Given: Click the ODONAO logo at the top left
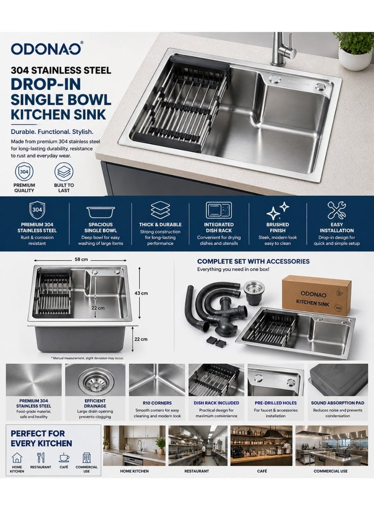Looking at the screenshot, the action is pyautogui.click(x=47, y=49).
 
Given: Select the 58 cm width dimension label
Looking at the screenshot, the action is pyautogui.click(x=81, y=260).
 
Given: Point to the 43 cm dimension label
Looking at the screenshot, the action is pyautogui.click(x=141, y=293).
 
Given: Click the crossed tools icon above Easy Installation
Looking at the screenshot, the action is pyautogui.click(x=337, y=210).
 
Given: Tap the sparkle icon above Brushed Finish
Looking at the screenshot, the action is pyautogui.click(x=278, y=211).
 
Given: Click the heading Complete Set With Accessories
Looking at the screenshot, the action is pyautogui.click(x=253, y=261).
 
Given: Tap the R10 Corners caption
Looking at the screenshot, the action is pyautogui.click(x=157, y=403).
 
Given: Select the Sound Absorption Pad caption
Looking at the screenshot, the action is pyautogui.click(x=338, y=403).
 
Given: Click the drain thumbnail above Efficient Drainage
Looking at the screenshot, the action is pyautogui.click(x=95, y=380).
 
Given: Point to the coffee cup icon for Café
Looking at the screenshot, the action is pyautogui.click(x=64, y=458).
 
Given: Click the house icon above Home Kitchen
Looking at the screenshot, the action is pyautogui.click(x=17, y=458).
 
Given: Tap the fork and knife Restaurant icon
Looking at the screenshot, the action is pyautogui.click(x=41, y=458).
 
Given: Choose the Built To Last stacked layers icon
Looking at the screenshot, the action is pyautogui.click(x=64, y=172).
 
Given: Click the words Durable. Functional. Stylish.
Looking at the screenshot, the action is pyautogui.click(x=52, y=132).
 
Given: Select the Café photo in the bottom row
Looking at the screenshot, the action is pyautogui.click(x=262, y=446).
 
